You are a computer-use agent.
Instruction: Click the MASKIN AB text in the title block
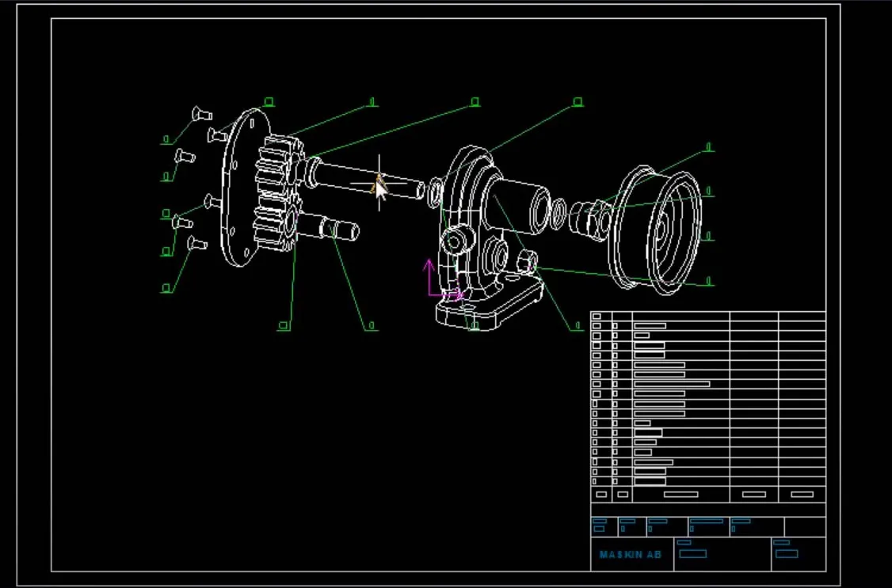630,555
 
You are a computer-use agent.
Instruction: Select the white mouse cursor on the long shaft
381,190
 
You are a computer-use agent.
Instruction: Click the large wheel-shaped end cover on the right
658,230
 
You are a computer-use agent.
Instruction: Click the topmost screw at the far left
199,114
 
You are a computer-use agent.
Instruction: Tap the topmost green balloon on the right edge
709,146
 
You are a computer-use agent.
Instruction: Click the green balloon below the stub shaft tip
372,325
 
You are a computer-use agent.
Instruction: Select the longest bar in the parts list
671,384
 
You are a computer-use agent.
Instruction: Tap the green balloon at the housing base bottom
475,324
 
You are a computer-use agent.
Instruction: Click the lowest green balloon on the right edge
709,281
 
